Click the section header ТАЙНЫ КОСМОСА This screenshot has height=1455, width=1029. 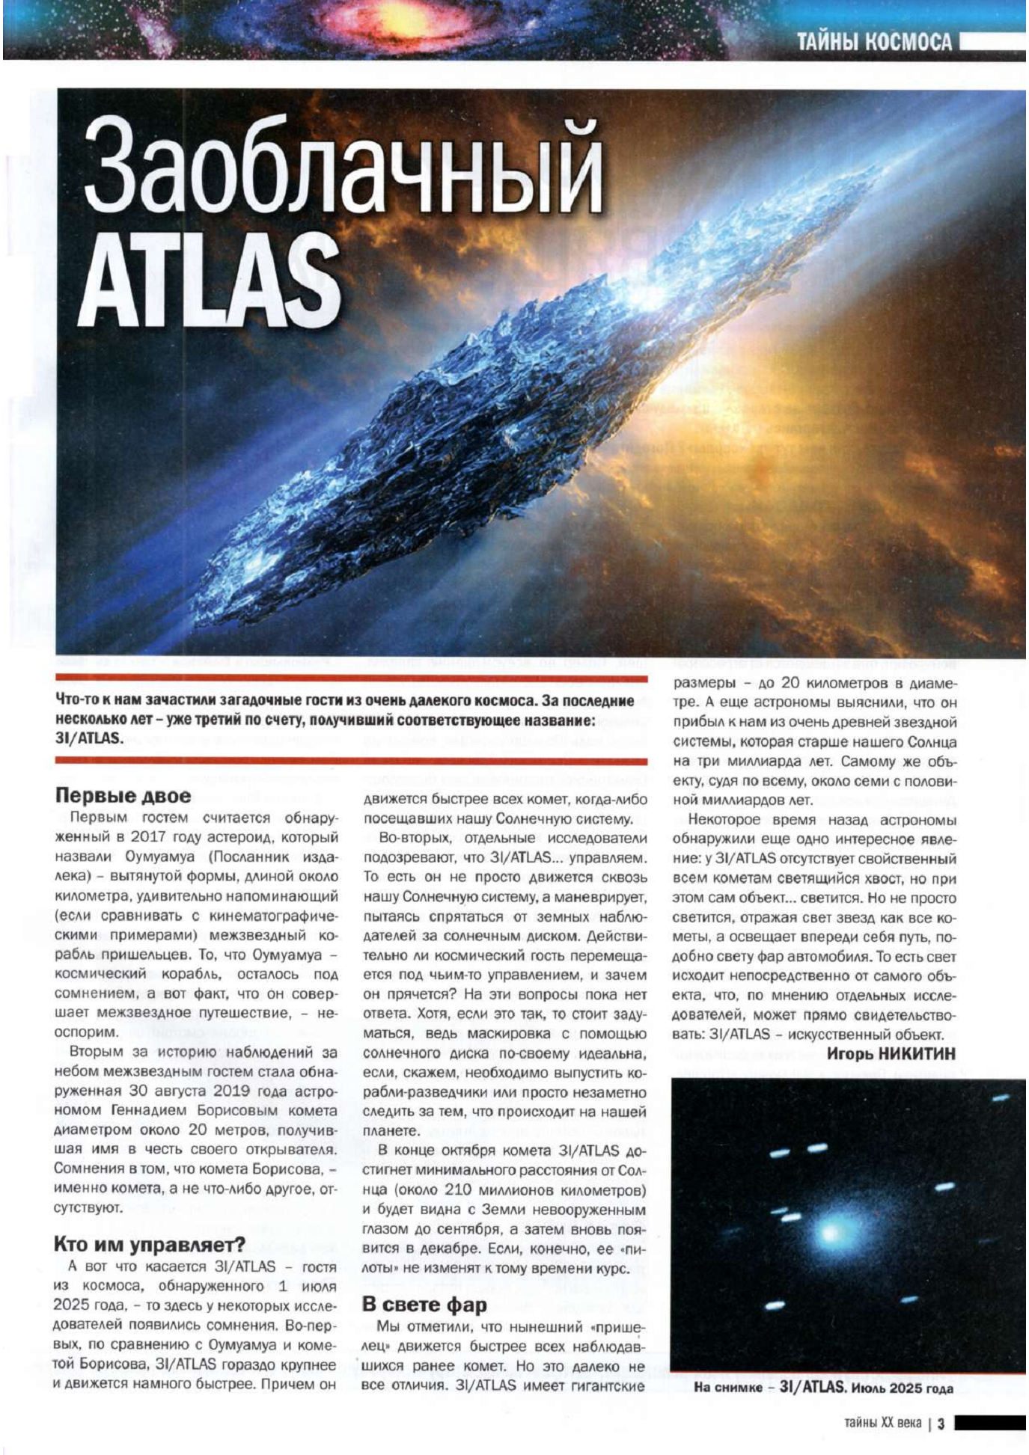coord(873,42)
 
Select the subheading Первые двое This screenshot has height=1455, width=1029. coord(123,795)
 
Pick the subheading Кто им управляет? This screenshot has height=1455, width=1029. coord(149,1244)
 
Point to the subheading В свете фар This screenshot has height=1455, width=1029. coord(424,1305)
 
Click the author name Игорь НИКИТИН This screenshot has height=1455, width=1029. coord(891,1053)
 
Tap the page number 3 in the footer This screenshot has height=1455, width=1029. coord(941,1422)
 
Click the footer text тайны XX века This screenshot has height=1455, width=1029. coord(882,1422)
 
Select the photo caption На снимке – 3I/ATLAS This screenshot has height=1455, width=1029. coord(823,1388)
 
